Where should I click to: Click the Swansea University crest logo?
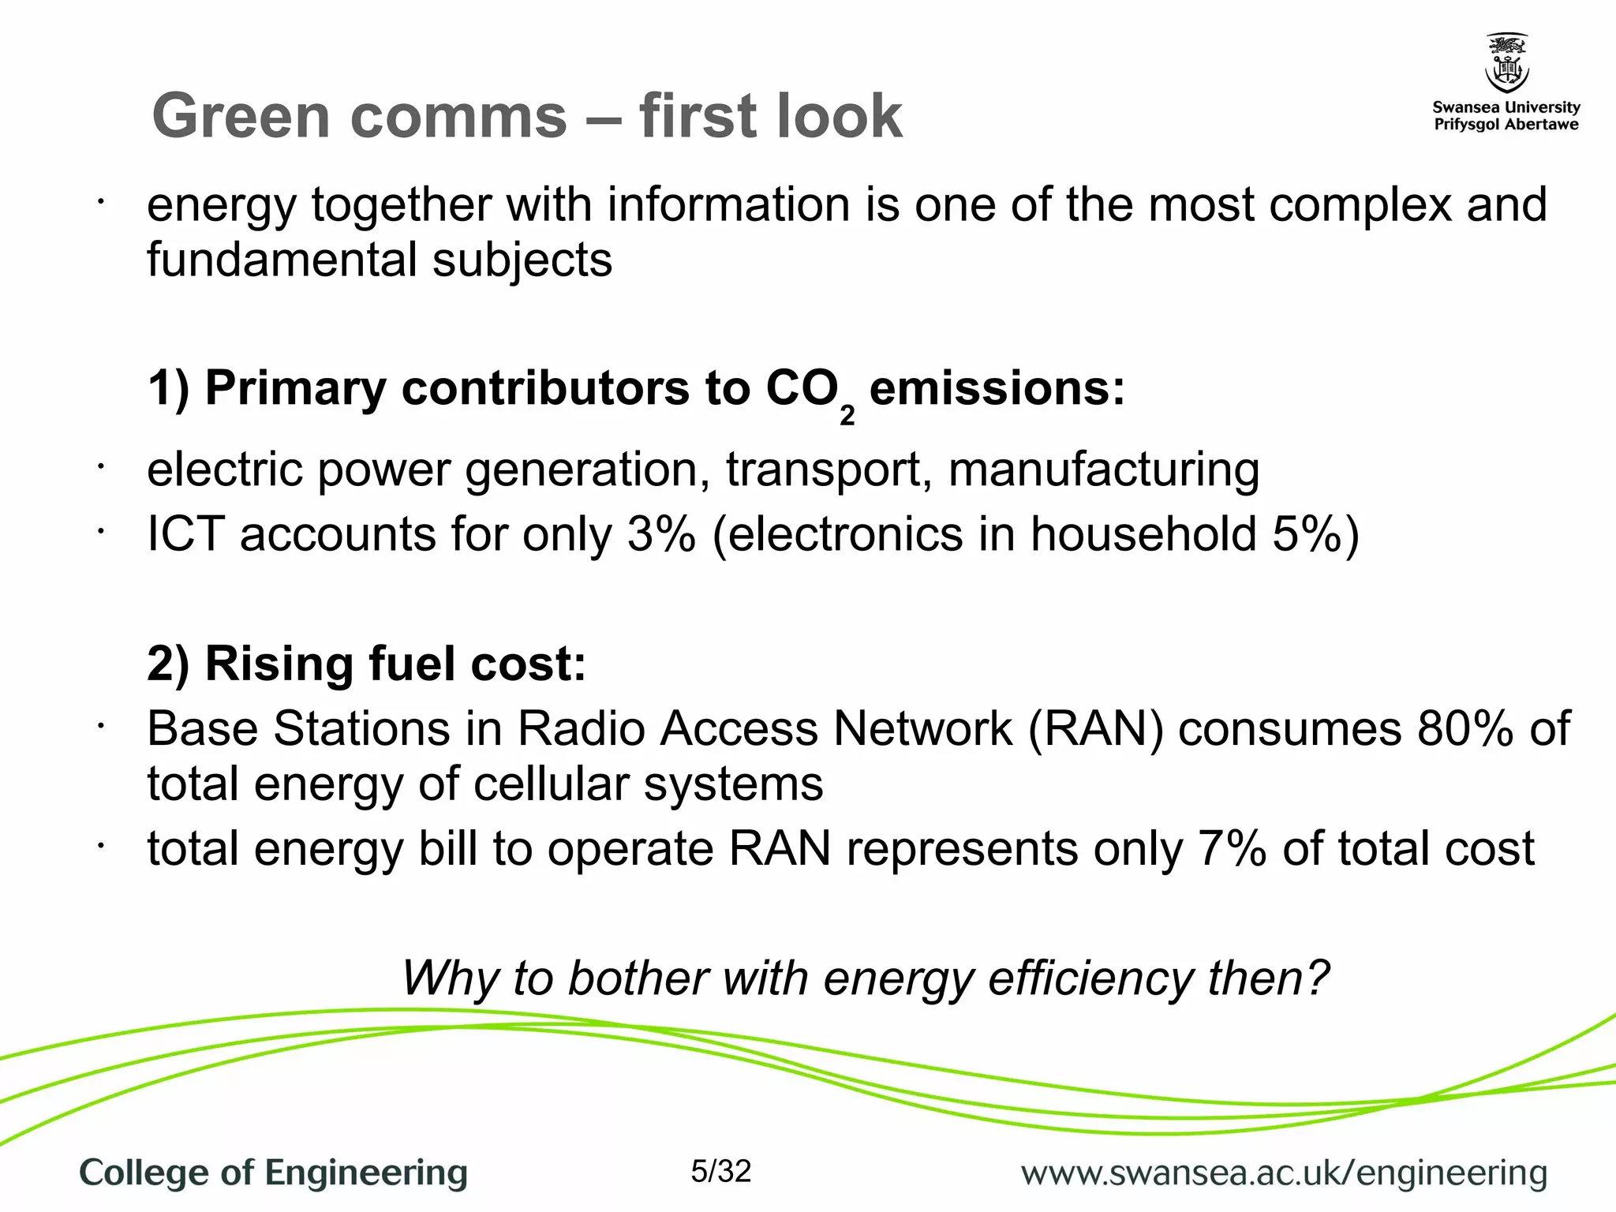point(1506,63)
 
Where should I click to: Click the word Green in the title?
point(241,116)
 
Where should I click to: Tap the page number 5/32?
point(720,1171)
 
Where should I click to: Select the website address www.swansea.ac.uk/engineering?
point(1284,1173)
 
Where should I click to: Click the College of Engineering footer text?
point(273,1173)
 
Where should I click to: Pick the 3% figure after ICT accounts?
point(661,534)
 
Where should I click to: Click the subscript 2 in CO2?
point(847,417)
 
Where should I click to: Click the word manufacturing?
point(1103,470)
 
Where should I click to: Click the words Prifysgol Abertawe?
point(1506,125)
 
